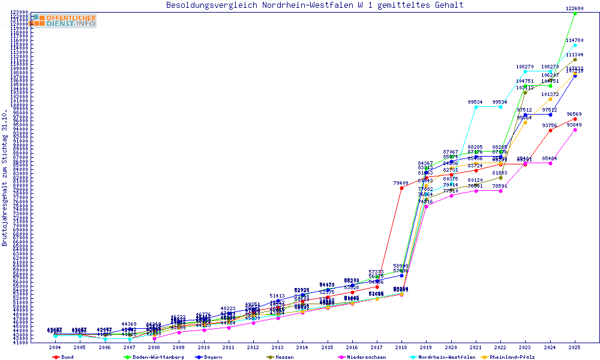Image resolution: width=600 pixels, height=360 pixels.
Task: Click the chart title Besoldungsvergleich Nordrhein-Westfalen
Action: tap(315, 5)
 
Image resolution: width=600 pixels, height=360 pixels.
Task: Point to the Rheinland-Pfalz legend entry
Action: tap(514, 357)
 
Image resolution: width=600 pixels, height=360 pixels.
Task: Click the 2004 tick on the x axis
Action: tap(55, 347)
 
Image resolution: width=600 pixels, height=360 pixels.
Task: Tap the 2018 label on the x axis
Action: tap(401, 347)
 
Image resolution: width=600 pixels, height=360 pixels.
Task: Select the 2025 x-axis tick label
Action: tap(575, 347)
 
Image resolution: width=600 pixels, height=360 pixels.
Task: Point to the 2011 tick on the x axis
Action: tap(229, 347)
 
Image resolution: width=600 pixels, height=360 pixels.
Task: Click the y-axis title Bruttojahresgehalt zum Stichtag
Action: tap(5, 178)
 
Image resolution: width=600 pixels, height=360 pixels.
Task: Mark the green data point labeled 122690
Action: tap(575, 13)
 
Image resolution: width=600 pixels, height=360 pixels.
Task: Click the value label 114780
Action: tap(575, 40)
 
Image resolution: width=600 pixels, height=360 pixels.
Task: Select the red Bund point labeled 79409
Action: tap(401, 188)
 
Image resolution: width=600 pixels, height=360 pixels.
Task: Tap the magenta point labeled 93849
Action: tap(575, 130)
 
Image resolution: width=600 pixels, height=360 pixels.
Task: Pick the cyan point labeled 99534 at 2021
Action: tap(476, 107)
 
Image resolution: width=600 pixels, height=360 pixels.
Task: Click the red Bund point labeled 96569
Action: tap(575, 119)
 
